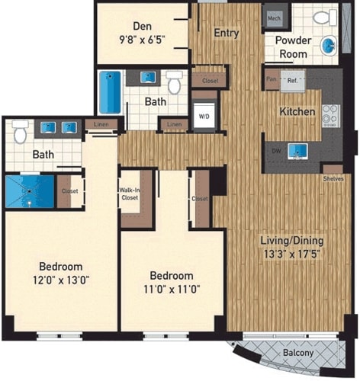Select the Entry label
(x=227, y=33)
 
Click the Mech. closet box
(x=274, y=18)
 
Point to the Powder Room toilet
(x=321, y=17)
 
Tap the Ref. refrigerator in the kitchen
(x=292, y=78)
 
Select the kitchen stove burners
(x=330, y=114)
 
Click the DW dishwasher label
(x=275, y=150)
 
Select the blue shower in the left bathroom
(x=29, y=191)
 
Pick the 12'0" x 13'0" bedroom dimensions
(x=61, y=280)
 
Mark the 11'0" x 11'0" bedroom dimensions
(x=171, y=288)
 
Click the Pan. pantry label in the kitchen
(x=270, y=78)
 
